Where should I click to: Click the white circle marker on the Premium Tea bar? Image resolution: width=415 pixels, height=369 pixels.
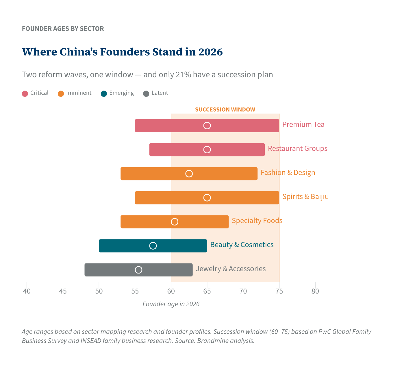[207, 126]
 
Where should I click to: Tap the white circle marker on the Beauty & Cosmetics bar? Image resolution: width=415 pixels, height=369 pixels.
[153, 246]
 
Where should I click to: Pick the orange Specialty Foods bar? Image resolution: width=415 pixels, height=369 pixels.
[202, 222]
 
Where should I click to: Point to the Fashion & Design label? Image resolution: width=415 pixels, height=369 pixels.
[288, 173]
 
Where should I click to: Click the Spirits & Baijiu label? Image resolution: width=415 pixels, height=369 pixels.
[305, 197]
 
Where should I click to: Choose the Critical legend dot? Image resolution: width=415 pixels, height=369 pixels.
[25, 93]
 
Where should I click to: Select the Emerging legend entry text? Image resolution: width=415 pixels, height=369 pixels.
[121, 93]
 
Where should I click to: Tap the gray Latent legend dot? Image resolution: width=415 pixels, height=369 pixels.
[146, 93]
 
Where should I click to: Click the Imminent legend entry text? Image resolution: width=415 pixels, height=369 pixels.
[79, 93]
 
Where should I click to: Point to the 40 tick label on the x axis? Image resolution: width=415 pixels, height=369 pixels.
[27, 291]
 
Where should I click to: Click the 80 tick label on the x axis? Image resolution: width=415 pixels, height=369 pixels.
[315, 291]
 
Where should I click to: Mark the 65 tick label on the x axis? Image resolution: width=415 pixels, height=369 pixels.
[207, 291]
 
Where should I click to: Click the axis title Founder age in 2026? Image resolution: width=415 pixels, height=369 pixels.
[171, 304]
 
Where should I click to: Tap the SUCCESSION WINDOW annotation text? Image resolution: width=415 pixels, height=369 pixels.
[225, 110]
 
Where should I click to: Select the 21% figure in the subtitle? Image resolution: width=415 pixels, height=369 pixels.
[183, 75]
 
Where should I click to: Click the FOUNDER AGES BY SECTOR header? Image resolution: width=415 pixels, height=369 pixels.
[63, 29]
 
